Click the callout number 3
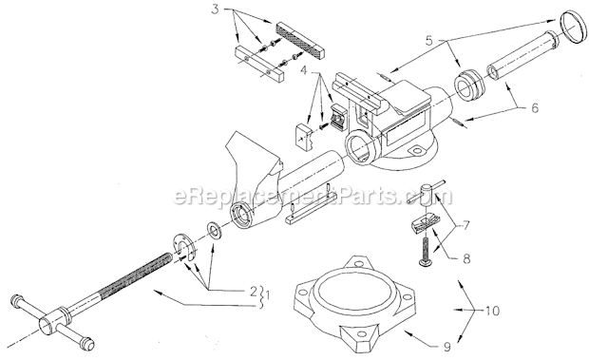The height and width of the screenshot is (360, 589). click(x=215, y=9)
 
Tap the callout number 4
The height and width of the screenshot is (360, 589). click(x=304, y=70)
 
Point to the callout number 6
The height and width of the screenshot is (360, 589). click(x=534, y=107)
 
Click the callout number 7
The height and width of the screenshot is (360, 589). click(x=465, y=226)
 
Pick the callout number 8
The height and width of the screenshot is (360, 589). click(x=466, y=258)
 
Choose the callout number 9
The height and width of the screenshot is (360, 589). click(x=447, y=347)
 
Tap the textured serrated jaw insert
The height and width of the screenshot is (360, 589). click(x=300, y=40)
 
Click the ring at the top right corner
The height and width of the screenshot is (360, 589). click(x=573, y=28)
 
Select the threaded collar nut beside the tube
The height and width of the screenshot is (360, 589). click(x=469, y=85)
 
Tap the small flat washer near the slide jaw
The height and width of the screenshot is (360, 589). click(x=215, y=230)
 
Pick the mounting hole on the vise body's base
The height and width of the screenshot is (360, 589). click(x=416, y=151)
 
